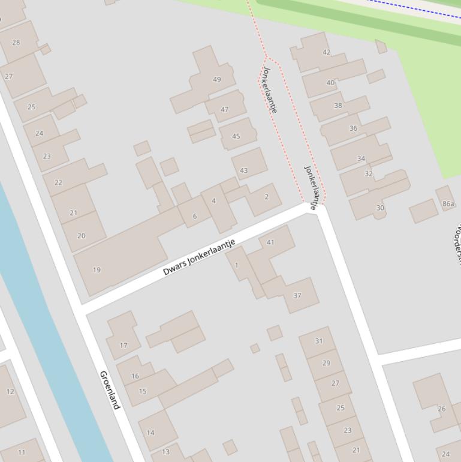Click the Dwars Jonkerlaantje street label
pyautogui.click(x=199, y=257)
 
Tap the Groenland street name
pyautogui.click(x=110, y=390)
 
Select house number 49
pyautogui.click(x=217, y=79)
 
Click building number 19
pyautogui.click(x=97, y=270)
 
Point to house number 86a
pyautogui.click(x=448, y=204)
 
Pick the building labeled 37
pyautogui.click(x=297, y=295)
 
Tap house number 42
pyautogui.click(x=326, y=52)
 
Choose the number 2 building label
pyautogui.click(x=266, y=197)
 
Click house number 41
pyautogui.click(x=270, y=242)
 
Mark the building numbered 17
pyautogui.click(x=123, y=346)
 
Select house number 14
pyautogui.click(x=150, y=433)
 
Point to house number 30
pyautogui.click(x=380, y=208)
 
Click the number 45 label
pyautogui.click(x=236, y=137)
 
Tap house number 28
pyautogui.click(x=16, y=43)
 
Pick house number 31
pyautogui.click(x=319, y=341)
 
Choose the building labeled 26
pyautogui.click(x=442, y=409)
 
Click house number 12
pyautogui.click(x=10, y=392)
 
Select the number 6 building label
pyautogui.click(x=194, y=217)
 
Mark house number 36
pyautogui.click(x=353, y=128)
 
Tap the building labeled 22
pyautogui.click(x=58, y=183)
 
